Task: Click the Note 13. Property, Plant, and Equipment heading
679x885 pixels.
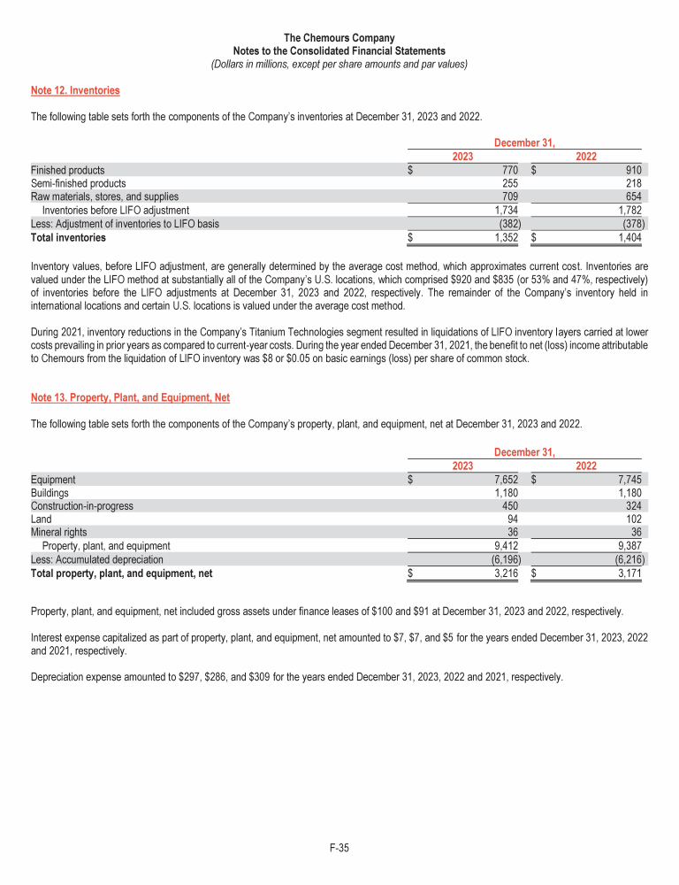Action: (x=130, y=398)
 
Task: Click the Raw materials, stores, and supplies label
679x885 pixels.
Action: (x=104, y=196)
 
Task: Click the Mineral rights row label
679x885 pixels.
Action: (x=59, y=533)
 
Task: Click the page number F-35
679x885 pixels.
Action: (x=339, y=849)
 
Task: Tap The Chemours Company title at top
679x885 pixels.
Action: (x=339, y=38)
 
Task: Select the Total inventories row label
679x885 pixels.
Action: (x=68, y=237)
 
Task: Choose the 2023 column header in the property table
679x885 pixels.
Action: (x=462, y=466)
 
